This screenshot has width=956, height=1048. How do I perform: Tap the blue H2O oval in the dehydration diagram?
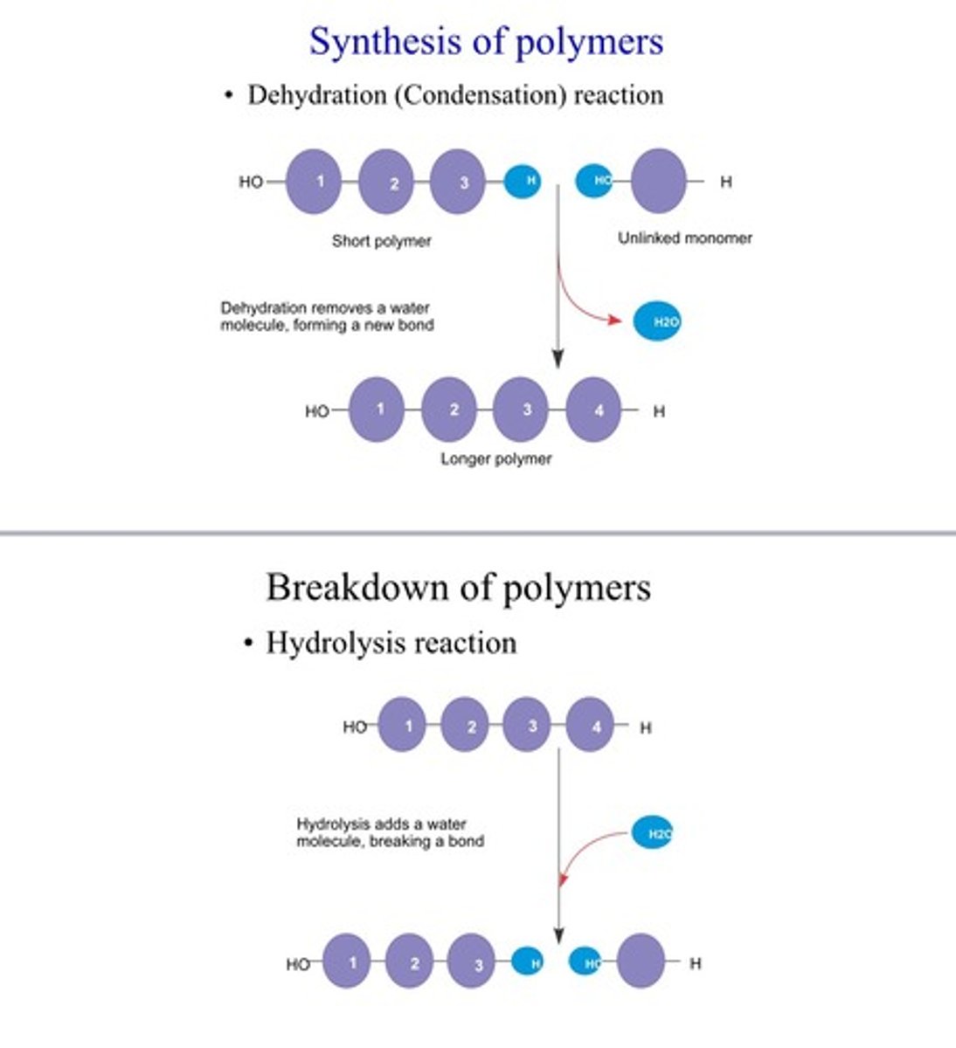tap(657, 321)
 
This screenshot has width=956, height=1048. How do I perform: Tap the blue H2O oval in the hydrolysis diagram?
tap(652, 834)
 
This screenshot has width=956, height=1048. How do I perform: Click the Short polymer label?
tap(381, 241)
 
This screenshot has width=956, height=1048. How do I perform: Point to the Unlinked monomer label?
tap(684, 238)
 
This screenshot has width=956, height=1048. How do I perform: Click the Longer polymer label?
tap(495, 458)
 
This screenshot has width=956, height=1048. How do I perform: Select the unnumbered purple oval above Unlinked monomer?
tap(658, 181)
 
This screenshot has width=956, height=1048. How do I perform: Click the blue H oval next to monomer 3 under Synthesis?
tap(523, 181)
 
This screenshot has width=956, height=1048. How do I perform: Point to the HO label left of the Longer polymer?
tap(316, 411)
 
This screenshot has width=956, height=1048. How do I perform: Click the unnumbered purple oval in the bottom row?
tap(641, 962)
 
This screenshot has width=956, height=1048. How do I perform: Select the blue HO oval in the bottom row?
tap(585, 962)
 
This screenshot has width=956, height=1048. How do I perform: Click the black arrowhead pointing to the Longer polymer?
tap(558, 358)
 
